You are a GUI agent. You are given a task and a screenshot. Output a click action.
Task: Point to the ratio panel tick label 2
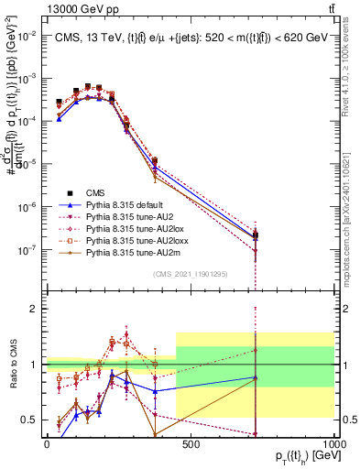tap(33, 310)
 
